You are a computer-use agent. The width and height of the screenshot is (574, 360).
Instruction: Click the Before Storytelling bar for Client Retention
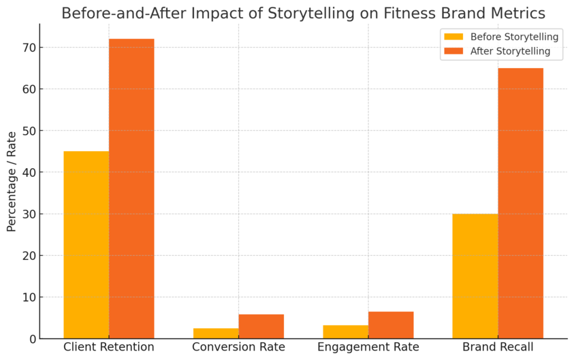point(86,245)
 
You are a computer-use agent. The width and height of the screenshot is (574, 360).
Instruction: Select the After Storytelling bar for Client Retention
point(131,189)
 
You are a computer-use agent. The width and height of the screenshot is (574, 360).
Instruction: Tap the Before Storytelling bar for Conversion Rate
point(216,333)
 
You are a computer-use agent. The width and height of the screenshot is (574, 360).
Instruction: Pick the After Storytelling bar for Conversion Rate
point(261,327)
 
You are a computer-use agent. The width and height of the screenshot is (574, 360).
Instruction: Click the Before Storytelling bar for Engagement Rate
point(345,332)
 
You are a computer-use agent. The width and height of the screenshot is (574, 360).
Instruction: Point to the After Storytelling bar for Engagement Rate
point(391,325)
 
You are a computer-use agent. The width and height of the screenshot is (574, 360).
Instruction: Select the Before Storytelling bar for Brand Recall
point(475,276)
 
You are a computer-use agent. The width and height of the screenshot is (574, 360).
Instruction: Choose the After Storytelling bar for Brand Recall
point(520,203)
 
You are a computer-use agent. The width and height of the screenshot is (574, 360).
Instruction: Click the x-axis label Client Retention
point(109,347)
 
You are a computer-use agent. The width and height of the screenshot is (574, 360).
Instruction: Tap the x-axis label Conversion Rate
point(238,347)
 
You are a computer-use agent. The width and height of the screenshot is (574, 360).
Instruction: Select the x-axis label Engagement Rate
point(368,347)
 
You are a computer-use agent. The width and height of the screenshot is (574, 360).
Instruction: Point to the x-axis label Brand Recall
point(498,347)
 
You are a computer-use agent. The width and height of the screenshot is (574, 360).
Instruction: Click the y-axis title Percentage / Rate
point(12,182)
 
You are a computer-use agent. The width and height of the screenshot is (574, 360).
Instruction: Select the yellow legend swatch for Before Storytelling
point(453,37)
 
